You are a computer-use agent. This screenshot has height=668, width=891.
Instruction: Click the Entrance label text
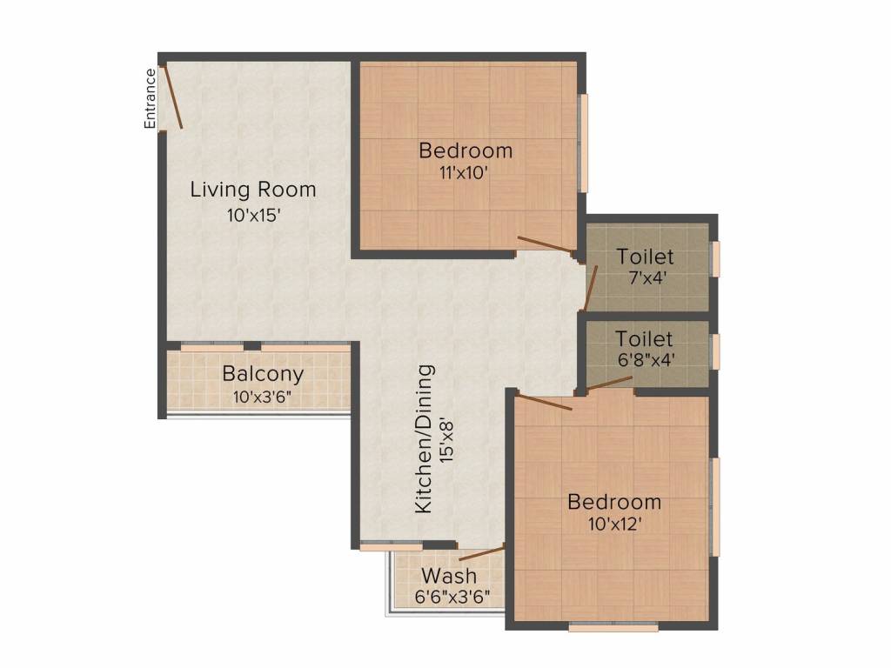pos(151,98)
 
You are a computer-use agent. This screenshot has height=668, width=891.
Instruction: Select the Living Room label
pos(253,189)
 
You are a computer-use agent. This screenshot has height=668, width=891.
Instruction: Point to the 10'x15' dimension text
pos(253,215)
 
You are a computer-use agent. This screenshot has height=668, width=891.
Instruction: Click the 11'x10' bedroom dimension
pos(466,172)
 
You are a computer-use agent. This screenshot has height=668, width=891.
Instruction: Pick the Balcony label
pos(263,375)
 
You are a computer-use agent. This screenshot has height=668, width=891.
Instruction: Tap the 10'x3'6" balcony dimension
pos(263,397)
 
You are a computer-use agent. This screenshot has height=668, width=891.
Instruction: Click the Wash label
pos(449,576)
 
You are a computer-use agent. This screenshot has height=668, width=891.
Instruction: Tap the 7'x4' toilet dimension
pos(645,279)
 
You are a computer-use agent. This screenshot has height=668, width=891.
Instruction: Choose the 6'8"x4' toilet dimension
pos(645,357)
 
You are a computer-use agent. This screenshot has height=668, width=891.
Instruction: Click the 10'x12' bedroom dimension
pos(614,524)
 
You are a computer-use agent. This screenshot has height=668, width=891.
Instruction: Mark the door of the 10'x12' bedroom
pos(545,401)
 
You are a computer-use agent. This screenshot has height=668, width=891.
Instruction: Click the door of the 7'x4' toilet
pos(591,287)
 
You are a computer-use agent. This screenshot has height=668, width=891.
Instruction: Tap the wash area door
pos(481,552)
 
